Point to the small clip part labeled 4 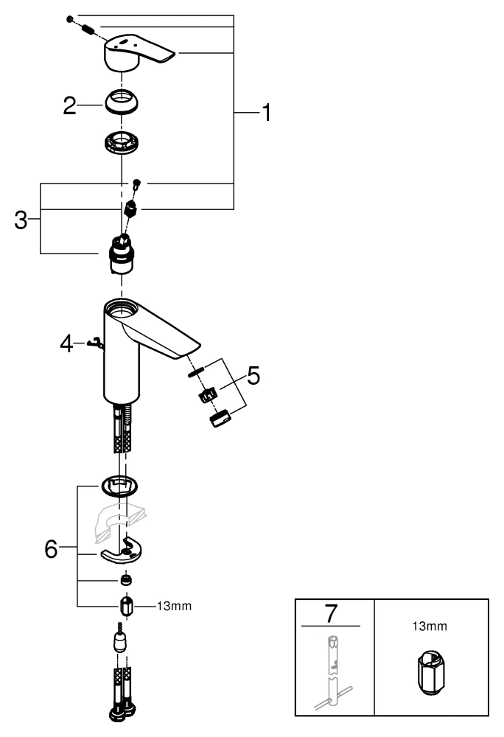pyautogui.click(x=94, y=341)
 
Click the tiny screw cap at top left pyautogui.click(x=69, y=18)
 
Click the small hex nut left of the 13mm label pyautogui.click(x=126, y=607)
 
